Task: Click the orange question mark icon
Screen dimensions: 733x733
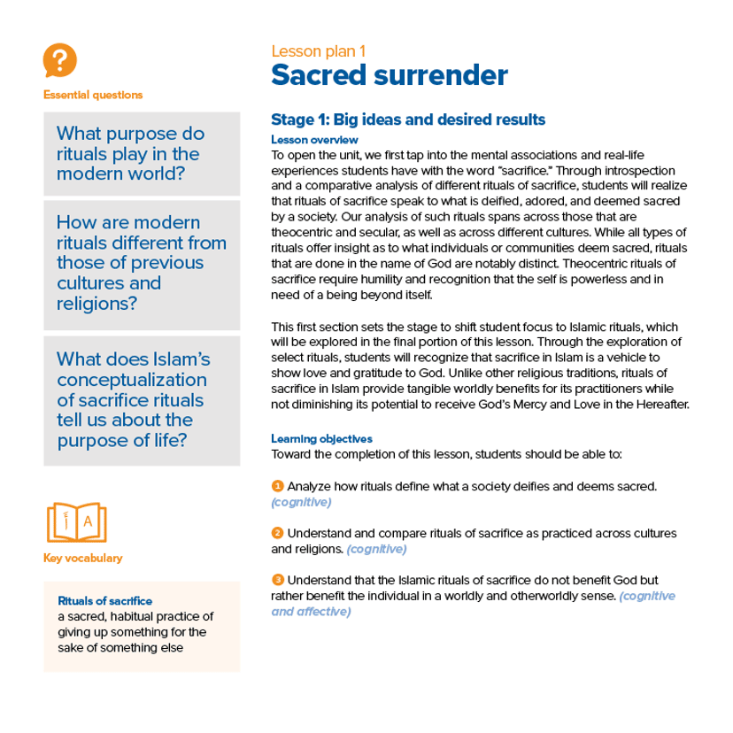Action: (x=59, y=61)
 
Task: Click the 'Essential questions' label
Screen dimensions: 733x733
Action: (x=92, y=95)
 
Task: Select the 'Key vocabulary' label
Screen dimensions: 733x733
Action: (x=82, y=559)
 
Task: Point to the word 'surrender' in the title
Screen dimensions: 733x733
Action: (x=443, y=75)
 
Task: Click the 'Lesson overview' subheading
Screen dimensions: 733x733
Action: (x=314, y=140)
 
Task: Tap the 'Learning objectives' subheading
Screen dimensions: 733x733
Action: (x=321, y=438)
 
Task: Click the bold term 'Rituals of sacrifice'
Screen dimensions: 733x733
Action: (x=104, y=600)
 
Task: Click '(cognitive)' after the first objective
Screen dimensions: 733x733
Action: (x=301, y=502)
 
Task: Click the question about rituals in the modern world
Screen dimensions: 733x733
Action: (x=130, y=153)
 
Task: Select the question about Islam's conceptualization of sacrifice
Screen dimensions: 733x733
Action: (x=133, y=400)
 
